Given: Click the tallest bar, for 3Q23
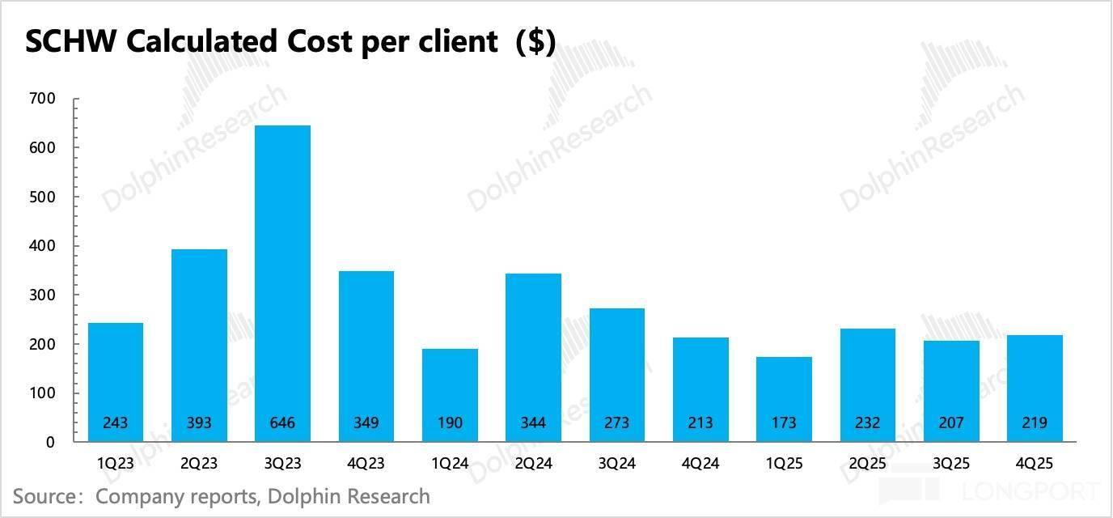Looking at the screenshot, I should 282,283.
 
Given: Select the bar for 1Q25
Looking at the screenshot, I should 784,399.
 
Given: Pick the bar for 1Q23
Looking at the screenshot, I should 115,382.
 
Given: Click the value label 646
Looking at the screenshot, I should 282,422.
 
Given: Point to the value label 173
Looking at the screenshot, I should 784,422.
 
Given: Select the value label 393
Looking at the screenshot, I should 199,422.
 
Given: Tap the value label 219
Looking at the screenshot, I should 1035,422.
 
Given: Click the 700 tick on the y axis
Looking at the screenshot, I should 42,99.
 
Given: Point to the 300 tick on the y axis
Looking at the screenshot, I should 42,295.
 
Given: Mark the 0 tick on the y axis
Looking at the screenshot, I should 50,443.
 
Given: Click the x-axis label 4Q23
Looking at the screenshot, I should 366,465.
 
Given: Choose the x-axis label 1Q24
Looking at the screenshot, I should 450,465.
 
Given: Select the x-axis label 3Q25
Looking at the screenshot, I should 951,465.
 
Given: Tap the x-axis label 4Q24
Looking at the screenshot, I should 700,465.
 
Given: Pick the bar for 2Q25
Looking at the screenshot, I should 867,385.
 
